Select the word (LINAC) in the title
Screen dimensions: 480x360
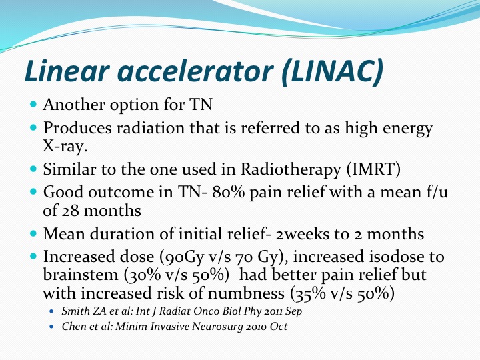tap(333, 71)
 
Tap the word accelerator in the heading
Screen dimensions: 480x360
tap(195, 72)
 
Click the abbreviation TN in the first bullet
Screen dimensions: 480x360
tap(201, 105)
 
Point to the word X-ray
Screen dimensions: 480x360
tap(65, 146)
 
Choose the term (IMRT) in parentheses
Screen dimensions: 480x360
tap(373, 169)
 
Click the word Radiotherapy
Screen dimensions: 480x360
tap(291, 169)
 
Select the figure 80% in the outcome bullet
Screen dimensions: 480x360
tap(228, 192)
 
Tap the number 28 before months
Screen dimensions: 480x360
tap(71, 211)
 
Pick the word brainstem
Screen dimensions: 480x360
tap(81, 275)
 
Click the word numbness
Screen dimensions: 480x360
tap(246, 293)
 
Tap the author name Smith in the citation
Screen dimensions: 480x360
tap(72, 311)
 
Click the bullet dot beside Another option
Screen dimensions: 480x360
tap(34, 104)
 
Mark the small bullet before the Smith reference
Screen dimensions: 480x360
tap(51, 311)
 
